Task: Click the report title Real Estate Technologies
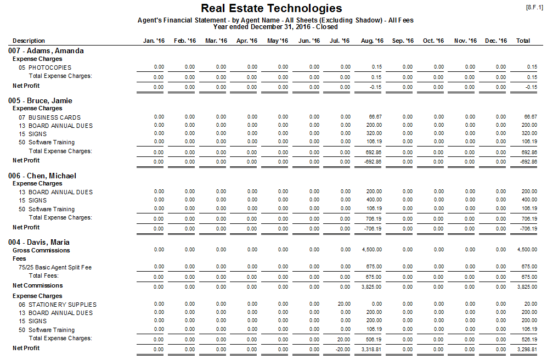click(271, 8)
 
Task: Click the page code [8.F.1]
click(534, 7)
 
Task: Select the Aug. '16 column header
click(372, 41)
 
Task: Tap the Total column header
click(523, 41)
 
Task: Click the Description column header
click(29, 41)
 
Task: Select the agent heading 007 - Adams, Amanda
click(46, 50)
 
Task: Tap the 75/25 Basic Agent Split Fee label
click(55, 267)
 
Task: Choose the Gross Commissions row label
click(41, 250)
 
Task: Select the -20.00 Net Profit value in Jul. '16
click(343, 348)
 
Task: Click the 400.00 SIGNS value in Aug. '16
click(374, 200)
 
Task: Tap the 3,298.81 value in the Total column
click(527, 348)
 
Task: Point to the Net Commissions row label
click(38, 285)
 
